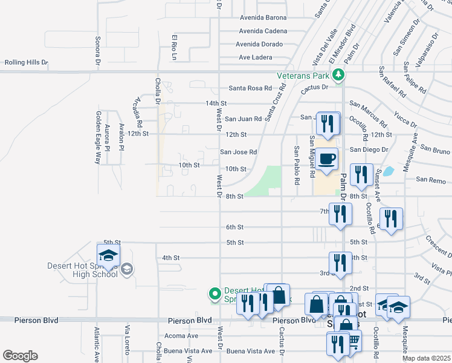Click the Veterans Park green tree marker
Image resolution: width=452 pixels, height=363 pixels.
tap(339, 76)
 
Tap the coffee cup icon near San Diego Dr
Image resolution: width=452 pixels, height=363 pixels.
tap(327, 159)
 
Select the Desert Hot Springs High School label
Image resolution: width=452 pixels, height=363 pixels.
tap(82, 270)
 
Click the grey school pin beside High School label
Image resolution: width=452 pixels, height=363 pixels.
tap(126, 269)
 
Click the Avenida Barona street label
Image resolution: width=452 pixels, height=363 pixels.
tap(263, 18)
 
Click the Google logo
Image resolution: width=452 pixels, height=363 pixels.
tap(20, 355)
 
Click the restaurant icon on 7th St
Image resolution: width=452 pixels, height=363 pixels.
tap(340, 214)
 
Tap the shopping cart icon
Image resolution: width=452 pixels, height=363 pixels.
tap(352, 342)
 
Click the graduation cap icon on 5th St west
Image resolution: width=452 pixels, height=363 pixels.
tap(109, 255)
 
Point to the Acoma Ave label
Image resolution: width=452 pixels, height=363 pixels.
tap(181, 336)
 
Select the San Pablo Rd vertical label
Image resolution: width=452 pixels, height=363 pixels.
tap(296, 165)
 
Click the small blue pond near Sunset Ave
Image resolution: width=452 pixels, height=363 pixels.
tap(388, 171)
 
